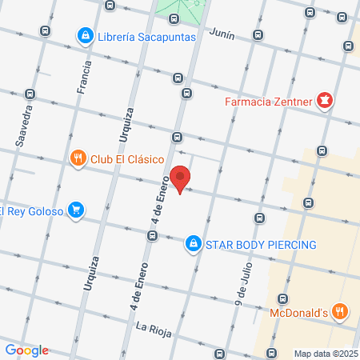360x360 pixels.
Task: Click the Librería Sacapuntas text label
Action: coord(147,37)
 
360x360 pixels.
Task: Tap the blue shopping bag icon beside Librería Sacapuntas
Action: coord(85,36)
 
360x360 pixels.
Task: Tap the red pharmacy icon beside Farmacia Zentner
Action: coord(325,101)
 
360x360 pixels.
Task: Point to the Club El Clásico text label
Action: coord(127,158)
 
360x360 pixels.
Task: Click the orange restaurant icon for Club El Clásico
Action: coord(78,158)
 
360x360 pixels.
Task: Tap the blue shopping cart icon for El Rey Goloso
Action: coord(75,210)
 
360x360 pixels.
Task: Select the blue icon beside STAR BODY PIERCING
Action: coord(193,242)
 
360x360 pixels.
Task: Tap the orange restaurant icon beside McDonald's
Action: coord(340,311)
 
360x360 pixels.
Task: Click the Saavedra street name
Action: coord(25,125)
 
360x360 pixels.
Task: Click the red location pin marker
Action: coord(181,179)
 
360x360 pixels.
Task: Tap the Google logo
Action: coord(26,350)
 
